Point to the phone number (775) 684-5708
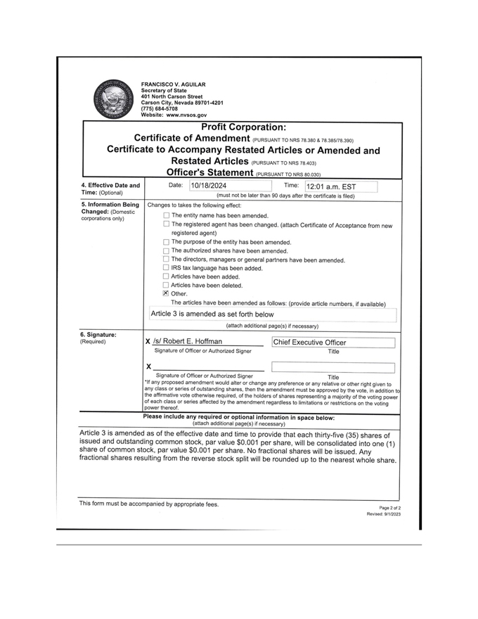coord(159,108)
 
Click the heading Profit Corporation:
coord(243,127)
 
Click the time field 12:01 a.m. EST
coord(340,187)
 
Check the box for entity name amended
coord(167,215)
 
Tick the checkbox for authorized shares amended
coord(167,250)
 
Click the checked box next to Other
coord(167,294)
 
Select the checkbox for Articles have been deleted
coord(167,285)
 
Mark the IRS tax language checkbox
coord(167,268)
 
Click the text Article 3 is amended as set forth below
coord(212,314)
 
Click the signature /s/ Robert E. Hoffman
coord(188,342)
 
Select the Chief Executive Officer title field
coord(332,343)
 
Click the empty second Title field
coord(332,366)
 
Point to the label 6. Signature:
coord(99,334)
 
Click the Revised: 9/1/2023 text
coord(384,514)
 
